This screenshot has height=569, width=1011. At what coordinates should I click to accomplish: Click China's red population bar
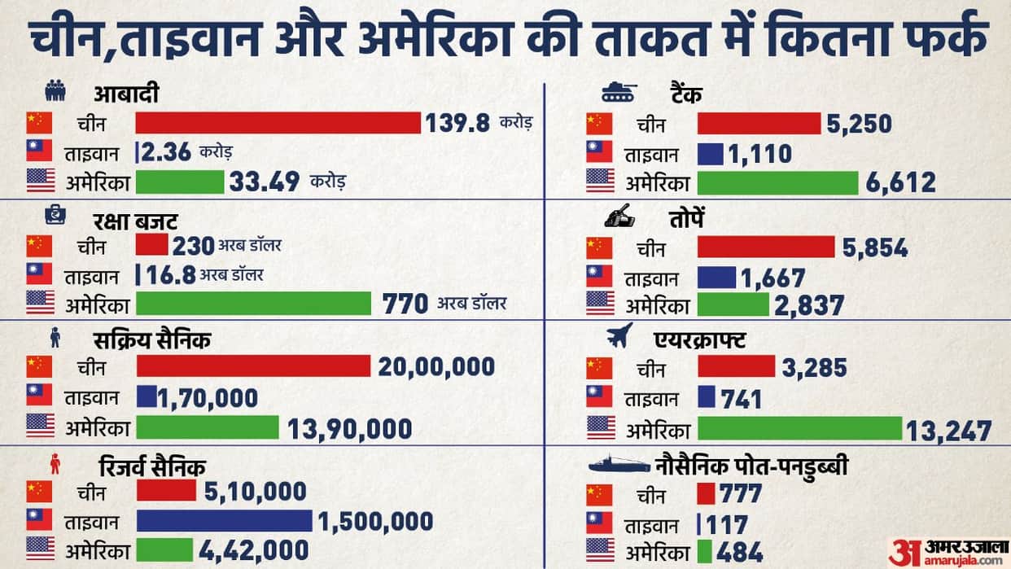(x=278, y=123)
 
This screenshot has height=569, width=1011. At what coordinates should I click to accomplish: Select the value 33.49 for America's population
(x=265, y=182)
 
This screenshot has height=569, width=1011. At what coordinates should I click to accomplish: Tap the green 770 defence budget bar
(x=254, y=304)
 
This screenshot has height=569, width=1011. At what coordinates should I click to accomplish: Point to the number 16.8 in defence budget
(x=171, y=275)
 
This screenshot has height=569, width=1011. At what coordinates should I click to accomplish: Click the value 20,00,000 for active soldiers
(x=436, y=367)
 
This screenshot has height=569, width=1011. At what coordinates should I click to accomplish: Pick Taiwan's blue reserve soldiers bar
(x=225, y=521)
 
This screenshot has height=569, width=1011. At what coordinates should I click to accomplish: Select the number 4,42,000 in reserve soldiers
(x=254, y=551)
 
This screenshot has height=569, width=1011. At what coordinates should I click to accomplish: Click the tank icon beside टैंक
(x=619, y=93)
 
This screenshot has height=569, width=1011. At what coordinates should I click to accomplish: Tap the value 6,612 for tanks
(x=900, y=183)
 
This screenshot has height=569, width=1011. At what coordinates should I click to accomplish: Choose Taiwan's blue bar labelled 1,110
(x=711, y=154)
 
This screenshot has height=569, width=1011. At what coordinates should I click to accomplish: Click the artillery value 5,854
(x=875, y=247)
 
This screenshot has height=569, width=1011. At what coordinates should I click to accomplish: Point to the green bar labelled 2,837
(x=733, y=304)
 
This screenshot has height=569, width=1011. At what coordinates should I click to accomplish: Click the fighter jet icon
(x=619, y=335)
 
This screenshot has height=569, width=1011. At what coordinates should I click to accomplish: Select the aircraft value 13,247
(x=948, y=431)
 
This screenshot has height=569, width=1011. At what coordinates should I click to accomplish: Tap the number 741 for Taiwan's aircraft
(x=741, y=400)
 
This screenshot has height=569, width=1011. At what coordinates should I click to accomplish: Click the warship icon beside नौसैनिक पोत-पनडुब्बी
(x=619, y=465)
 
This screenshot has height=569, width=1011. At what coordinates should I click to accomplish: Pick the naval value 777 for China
(x=741, y=493)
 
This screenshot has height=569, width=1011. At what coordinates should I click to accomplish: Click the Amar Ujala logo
(x=948, y=553)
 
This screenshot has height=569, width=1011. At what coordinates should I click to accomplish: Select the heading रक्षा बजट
(x=135, y=221)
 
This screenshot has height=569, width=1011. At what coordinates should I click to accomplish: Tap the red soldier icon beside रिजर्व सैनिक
(x=55, y=464)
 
